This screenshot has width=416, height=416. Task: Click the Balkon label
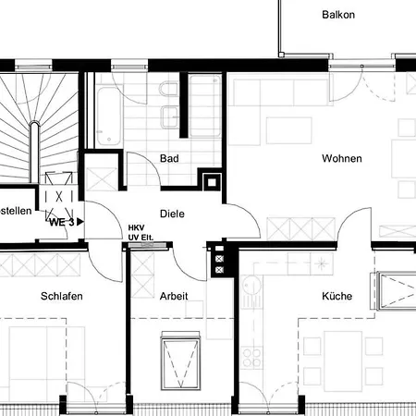click(x=338, y=15)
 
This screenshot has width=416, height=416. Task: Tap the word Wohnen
click(x=342, y=158)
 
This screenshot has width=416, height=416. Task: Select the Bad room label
click(x=169, y=158)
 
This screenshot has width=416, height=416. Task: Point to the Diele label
click(x=172, y=214)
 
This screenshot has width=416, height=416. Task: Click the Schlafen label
click(x=62, y=296)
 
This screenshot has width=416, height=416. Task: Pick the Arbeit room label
click(x=174, y=296)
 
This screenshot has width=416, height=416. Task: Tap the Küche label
click(x=336, y=296)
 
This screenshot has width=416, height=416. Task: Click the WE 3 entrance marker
click(x=66, y=222)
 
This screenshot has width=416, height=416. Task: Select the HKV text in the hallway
click(x=136, y=227)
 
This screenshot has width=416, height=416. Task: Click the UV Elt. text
click(x=141, y=238)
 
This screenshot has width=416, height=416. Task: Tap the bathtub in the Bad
click(x=108, y=116)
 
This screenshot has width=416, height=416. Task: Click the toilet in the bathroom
click(x=168, y=89)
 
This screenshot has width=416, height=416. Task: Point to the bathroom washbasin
click(x=169, y=116)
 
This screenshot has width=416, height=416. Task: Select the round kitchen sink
click(x=251, y=287)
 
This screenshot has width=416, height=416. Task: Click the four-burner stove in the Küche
click(x=251, y=358)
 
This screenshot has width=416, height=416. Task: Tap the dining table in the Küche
click(x=343, y=361)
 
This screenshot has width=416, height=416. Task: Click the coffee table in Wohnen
click(x=289, y=130)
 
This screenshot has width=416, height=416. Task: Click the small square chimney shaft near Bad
click(x=212, y=182)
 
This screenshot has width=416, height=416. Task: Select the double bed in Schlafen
click(x=47, y=363)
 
